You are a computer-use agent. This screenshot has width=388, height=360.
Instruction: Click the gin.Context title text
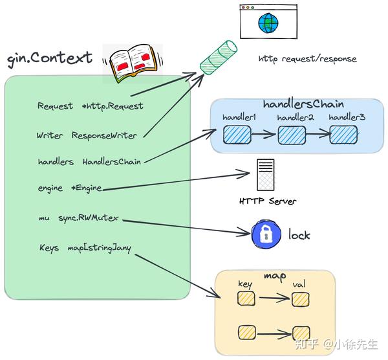point(49,58)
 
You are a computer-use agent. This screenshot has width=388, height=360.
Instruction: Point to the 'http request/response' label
point(307,59)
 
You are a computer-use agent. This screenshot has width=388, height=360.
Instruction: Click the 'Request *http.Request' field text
point(90,106)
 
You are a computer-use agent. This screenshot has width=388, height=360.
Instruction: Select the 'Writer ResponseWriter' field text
point(88,135)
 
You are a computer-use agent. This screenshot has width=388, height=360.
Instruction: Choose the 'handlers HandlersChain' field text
point(89,161)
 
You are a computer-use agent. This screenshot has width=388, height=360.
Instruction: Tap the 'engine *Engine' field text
point(70,188)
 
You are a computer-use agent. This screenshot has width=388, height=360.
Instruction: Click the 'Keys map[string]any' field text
point(84,248)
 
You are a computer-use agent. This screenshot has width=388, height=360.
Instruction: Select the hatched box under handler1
point(237,135)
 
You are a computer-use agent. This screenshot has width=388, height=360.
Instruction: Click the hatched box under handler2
point(291,135)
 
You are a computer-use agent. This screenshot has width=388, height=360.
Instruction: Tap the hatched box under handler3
point(343,134)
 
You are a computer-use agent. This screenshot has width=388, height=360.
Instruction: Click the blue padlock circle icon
point(264,234)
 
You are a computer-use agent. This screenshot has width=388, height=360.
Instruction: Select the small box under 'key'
point(246,298)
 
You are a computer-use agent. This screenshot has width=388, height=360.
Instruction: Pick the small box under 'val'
point(298,299)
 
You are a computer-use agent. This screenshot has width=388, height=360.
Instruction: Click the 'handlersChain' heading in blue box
point(303,104)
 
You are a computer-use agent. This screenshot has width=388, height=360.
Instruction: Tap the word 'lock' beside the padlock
point(299,235)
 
